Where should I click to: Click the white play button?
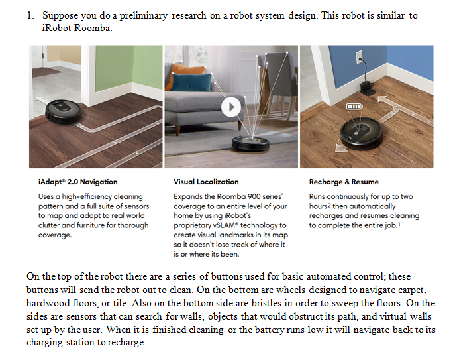click(x=231, y=107)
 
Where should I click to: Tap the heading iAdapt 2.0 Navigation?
click(x=77, y=182)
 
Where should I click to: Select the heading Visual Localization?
click(x=206, y=182)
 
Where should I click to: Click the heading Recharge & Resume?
click(x=344, y=182)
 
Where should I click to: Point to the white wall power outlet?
click(x=359, y=57)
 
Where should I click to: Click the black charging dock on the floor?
click(x=368, y=88)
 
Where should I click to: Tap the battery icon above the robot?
click(x=354, y=107)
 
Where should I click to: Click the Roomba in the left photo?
click(x=64, y=112)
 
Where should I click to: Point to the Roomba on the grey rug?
click(x=250, y=143)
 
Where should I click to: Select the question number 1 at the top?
click(x=30, y=15)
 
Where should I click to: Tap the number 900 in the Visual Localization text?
click(x=254, y=197)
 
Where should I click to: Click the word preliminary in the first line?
click(x=143, y=15)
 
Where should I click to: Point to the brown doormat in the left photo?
click(x=46, y=72)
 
